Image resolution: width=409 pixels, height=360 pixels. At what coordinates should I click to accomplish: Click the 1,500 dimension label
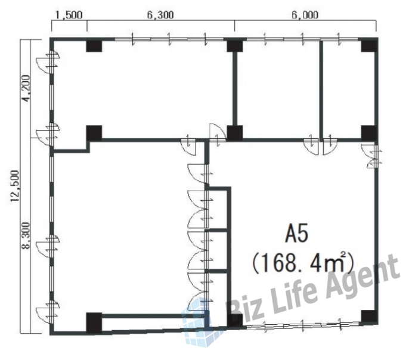coord(69,15)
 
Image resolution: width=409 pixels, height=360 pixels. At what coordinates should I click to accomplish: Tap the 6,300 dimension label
coord(160,15)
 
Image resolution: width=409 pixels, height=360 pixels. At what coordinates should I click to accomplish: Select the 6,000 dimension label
coord(305,15)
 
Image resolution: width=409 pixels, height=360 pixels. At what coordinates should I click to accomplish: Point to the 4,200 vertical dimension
coord(26,89)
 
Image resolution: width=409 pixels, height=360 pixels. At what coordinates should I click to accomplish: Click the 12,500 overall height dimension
coord(15,186)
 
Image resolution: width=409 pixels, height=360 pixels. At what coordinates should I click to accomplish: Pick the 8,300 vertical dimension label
coord(26,235)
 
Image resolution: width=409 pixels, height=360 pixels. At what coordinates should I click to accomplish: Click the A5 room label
coord(296,234)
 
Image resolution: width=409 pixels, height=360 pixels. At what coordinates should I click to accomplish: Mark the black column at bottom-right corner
coord(369,316)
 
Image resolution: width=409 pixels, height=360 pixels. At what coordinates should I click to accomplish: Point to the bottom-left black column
coord(94,322)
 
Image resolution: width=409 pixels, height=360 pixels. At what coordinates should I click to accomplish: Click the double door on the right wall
coord(371,156)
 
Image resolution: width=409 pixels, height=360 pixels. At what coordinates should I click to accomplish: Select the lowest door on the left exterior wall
coord(48,312)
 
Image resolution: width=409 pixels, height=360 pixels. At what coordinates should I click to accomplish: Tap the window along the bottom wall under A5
coord(303,325)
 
